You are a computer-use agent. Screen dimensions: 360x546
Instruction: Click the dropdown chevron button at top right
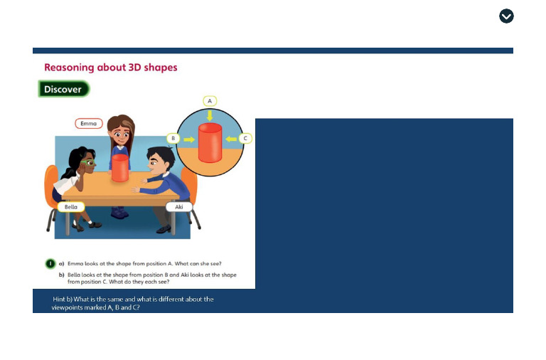tap(506, 16)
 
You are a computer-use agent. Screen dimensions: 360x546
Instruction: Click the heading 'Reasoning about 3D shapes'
tap(110, 68)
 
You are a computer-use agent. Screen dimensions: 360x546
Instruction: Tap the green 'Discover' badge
tap(63, 89)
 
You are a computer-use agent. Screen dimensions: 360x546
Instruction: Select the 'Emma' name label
tap(89, 124)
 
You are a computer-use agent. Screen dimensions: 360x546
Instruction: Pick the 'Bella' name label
tap(70, 206)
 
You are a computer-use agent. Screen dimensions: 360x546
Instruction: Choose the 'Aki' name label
tap(178, 206)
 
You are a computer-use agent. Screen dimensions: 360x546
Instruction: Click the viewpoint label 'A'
tap(210, 100)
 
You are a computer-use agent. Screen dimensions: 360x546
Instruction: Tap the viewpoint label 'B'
tap(171, 138)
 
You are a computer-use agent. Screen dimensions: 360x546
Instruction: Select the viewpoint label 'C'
tap(245, 138)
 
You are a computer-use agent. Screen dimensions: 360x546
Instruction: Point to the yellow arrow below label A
tap(210, 114)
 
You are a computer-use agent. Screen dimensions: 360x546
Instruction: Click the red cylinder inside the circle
tap(210, 143)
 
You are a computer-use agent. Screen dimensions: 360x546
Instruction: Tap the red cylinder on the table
tap(120, 168)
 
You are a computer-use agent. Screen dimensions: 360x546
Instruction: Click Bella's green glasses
tap(88, 164)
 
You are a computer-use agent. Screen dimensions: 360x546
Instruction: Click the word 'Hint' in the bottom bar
tap(60, 300)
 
